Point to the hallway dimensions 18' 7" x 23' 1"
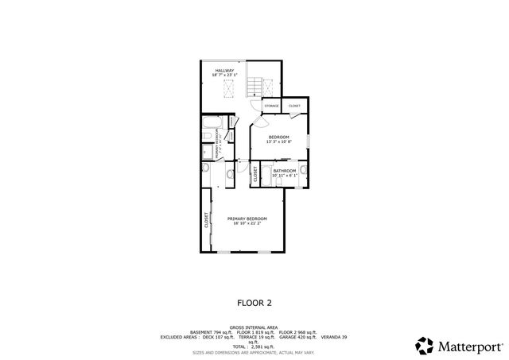point(224,75)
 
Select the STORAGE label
point(271,106)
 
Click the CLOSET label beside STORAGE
point(294,106)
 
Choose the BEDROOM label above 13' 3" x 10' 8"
point(278,137)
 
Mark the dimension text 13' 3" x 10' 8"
point(278,142)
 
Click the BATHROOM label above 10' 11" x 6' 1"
point(285,170)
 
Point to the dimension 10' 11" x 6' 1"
point(285,175)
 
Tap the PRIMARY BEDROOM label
point(247,219)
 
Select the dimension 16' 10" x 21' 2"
point(247,223)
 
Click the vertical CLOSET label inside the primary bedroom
point(207,220)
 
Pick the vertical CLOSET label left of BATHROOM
point(255,174)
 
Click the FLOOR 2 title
point(254,302)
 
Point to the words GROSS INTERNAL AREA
point(254,327)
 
